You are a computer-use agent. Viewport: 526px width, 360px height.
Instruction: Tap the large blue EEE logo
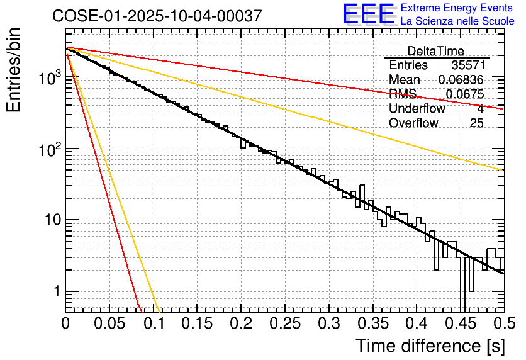click(369, 14)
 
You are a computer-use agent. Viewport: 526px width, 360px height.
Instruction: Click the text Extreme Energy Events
click(457, 8)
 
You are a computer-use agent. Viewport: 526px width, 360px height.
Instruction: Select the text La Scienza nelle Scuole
click(457, 21)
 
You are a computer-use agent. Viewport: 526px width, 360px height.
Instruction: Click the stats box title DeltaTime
click(436, 51)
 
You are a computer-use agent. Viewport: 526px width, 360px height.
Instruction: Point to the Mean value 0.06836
click(461, 80)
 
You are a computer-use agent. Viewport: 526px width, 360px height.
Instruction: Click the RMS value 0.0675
click(465, 94)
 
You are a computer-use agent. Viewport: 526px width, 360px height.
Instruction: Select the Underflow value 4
click(480, 109)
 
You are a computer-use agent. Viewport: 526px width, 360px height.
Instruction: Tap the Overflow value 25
click(476, 123)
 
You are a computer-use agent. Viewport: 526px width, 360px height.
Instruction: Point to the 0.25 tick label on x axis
click(285, 324)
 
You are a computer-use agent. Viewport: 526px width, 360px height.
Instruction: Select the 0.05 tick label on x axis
click(109, 324)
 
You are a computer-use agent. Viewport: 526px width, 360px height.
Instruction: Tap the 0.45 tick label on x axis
click(461, 324)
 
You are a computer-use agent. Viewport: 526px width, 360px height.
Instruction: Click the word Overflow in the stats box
click(413, 123)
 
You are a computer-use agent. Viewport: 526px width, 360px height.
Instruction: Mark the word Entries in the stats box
click(408, 65)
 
